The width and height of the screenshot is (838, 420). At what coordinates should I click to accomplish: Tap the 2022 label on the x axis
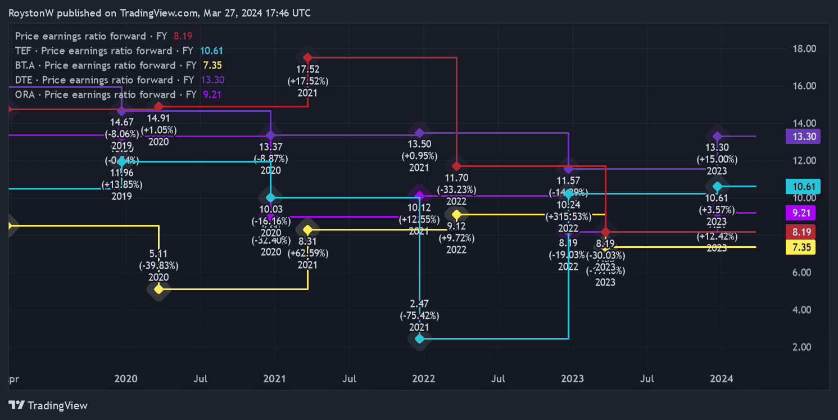click(x=423, y=379)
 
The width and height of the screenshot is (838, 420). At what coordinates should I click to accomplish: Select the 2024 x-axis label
click(x=721, y=379)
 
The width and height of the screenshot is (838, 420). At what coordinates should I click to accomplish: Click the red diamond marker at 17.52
click(x=307, y=57)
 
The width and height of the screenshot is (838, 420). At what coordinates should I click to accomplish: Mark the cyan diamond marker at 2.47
click(x=419, y=338)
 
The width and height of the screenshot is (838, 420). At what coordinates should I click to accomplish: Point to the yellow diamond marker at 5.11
click(x=158, y=289)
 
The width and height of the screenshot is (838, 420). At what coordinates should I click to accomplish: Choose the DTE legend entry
click(x=105, y=80)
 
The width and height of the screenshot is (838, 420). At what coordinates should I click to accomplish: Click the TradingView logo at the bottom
click(x=48, y=405)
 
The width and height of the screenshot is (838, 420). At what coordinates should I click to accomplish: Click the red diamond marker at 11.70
click(x=456, y=166)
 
